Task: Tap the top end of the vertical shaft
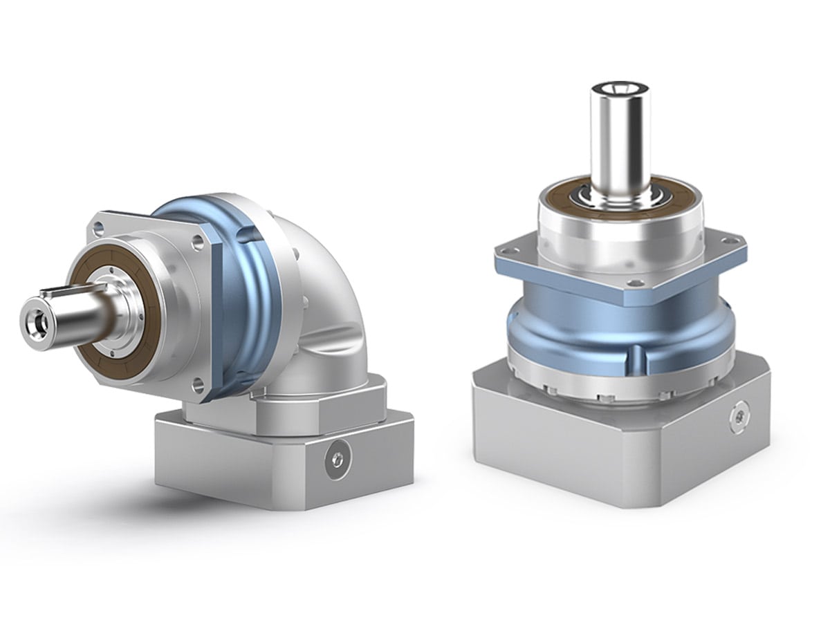[619, 88]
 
